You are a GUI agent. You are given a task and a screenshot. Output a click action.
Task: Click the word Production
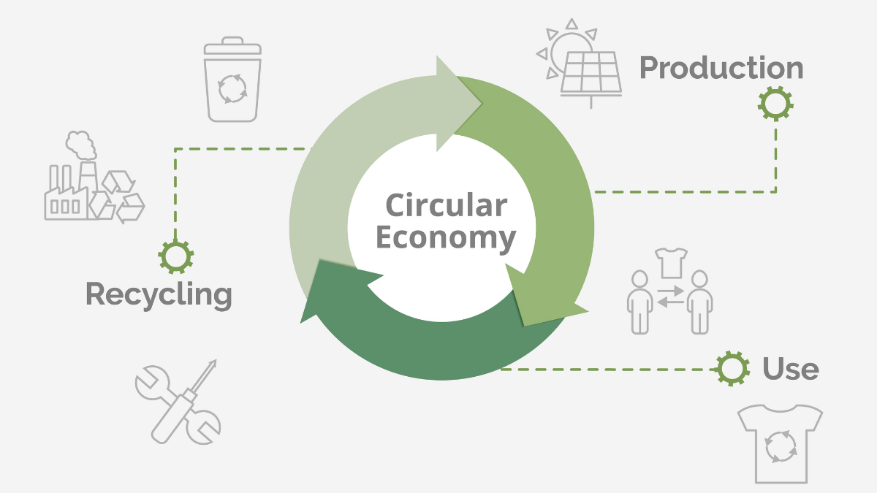(x=721, y=68)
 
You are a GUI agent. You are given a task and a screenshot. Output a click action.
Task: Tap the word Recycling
(x=159, y=294)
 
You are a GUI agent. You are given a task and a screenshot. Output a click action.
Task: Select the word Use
(x=790, y=369)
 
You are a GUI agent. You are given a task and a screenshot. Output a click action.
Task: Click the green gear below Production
(x=775, y=104)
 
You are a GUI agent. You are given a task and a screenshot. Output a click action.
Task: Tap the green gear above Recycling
(x=175, y=256)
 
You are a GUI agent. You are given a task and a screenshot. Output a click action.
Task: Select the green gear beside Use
(x=732, y=368)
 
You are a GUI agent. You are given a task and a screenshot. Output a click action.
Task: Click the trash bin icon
(x=232, y=81)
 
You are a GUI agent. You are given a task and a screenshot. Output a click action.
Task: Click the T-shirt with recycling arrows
(x=780, y=443)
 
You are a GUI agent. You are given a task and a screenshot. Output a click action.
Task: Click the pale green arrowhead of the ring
(x=456, y=103)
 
